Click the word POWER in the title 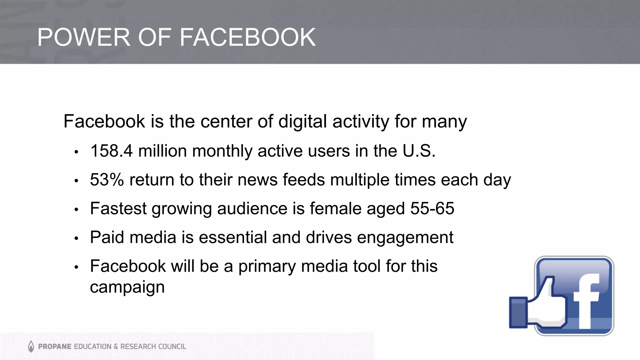tap(83, 37)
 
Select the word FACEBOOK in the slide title tap(247, 37)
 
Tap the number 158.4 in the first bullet tap(112, 151)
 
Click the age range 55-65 tap(432, 208)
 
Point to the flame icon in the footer tap(31, 346)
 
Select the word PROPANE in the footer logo tap(55, 347)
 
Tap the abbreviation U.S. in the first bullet tap(419, 151)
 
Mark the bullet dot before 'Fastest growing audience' tap(76, 210)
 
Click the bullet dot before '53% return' tap(76, 181)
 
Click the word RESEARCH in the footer tap(138, 347)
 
